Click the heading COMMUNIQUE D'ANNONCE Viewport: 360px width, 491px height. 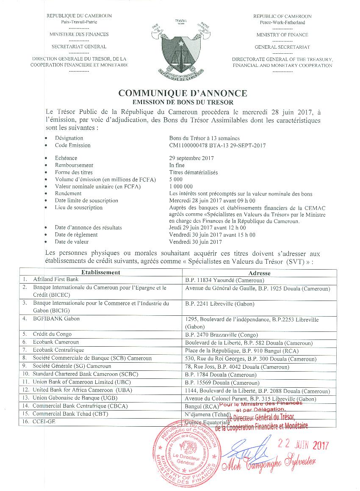182,93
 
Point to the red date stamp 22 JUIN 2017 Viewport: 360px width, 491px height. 302,445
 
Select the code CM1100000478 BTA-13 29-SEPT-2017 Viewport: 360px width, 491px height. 217,146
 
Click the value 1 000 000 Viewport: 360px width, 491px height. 181,186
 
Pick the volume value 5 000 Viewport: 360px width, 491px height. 176,179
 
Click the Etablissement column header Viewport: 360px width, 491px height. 101,273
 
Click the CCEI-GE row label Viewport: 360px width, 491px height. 44,422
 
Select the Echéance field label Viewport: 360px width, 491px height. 66,158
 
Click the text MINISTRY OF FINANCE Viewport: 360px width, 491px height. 282,35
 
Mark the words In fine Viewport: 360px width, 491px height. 177,165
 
